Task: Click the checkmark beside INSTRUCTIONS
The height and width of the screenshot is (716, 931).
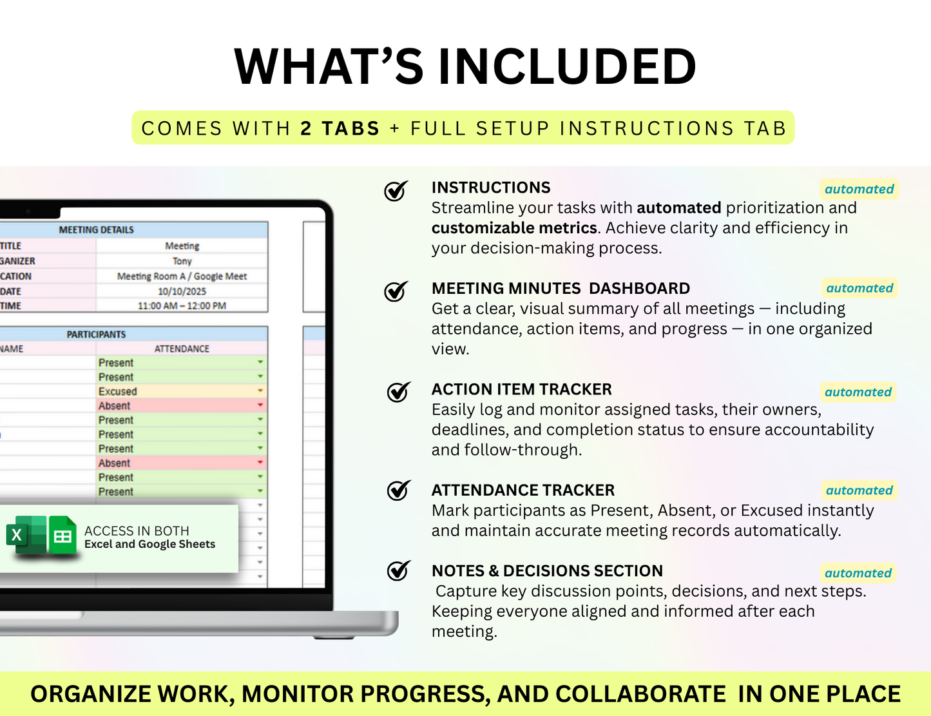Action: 396,191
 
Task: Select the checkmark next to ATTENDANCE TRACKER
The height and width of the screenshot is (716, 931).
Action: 398,490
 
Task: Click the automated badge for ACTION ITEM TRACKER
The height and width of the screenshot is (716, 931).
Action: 858,392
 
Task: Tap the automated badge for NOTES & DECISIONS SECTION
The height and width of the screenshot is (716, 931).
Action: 858,573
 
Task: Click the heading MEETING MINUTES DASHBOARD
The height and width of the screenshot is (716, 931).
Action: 561,288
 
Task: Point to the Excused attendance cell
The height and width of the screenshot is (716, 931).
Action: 182,391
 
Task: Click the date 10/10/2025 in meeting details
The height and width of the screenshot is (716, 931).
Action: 182,291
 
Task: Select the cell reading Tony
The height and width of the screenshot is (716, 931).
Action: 182,261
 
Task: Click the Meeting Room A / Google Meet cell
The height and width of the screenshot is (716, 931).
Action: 182,276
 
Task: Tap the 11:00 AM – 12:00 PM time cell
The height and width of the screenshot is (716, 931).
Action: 182,306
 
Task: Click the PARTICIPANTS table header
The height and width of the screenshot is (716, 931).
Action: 96,334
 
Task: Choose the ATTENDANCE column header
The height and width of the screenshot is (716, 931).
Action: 182,349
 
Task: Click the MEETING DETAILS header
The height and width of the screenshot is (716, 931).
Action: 96,229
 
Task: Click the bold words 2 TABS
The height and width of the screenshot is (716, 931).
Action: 340,128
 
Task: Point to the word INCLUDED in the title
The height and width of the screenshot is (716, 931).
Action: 567,66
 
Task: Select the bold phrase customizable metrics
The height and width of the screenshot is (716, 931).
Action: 514,228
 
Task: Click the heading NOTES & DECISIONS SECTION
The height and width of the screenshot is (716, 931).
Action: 547,571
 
